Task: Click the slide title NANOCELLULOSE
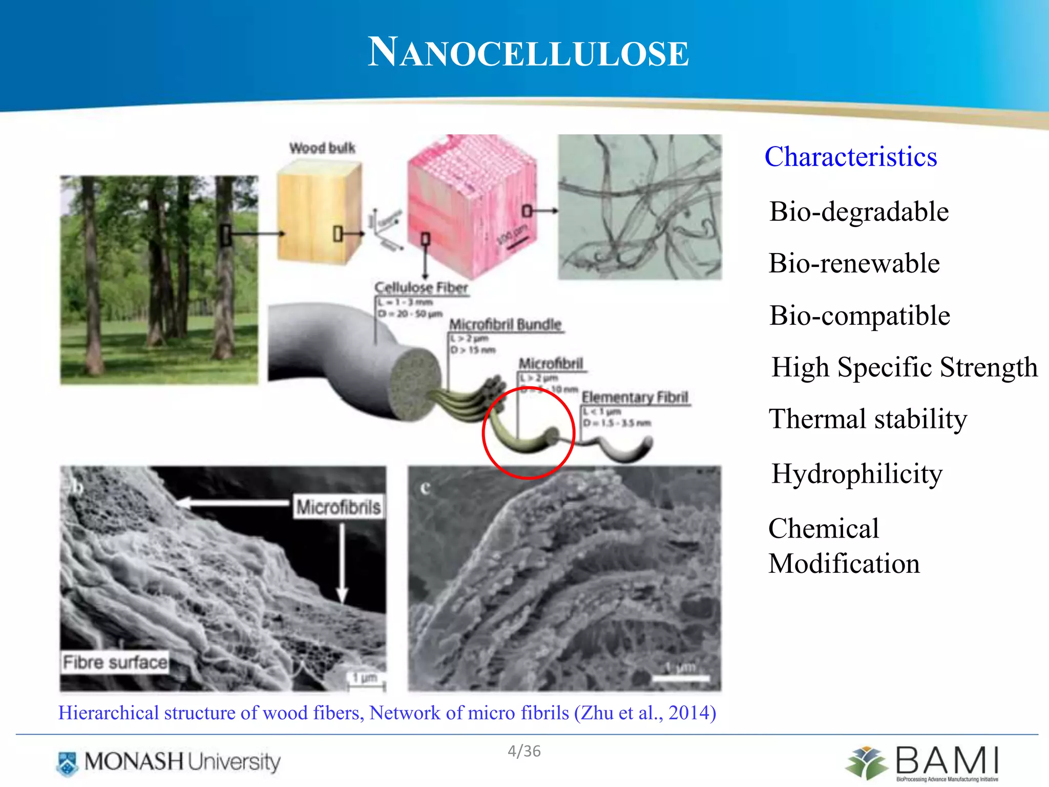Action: (528, 53)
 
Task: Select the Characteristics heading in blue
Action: (850, 157)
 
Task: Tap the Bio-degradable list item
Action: (859, 212)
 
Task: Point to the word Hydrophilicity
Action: (856, 473)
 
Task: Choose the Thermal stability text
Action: (868, 419)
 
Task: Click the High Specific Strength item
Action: (904, 367)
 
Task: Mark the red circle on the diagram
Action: (528, 433)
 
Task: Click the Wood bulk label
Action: (322, 148)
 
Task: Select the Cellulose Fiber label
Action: (421, 287)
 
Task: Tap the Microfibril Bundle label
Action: (506, 325)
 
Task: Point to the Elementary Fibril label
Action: (635, 398)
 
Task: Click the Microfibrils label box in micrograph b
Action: (339, 507)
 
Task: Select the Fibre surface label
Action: (115, 662)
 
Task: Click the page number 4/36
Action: (524, 751)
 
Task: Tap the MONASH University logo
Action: (169, 762)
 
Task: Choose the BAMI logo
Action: (922, 762)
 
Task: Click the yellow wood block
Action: (319, 213)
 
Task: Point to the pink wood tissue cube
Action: (471, 205)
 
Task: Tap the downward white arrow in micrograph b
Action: (342, 564)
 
